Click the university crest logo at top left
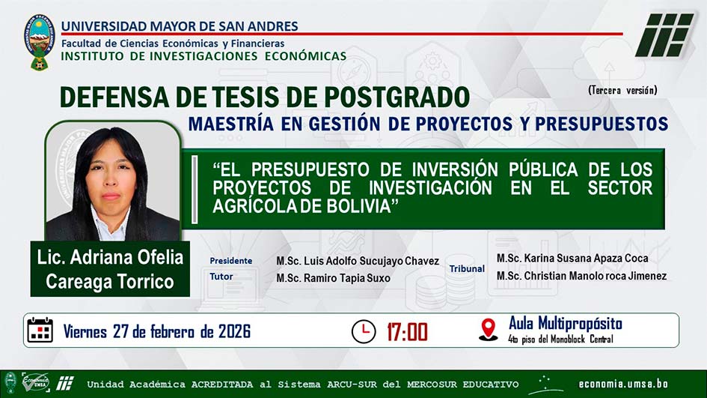coord(39,42)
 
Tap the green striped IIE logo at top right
coord(664,35)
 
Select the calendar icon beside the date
coord(40,330)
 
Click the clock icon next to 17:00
coord(364,331)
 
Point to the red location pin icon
coord(489,330)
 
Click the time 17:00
coord(407,332)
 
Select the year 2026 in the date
coord(234,331)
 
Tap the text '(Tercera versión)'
coord(622,91)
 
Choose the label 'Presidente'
coord(231,261)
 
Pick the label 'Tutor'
coord(221,277)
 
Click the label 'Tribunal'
coord(467,268)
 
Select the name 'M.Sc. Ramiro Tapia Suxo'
coord(333,278)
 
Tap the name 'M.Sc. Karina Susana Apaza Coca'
coord(572,259)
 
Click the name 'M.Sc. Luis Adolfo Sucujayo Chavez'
coord(358,261)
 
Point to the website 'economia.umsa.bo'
coord(623,384)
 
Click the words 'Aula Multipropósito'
coord(566,324)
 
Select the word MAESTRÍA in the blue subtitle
coord(231,124)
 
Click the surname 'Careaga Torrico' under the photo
coord(110,281)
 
